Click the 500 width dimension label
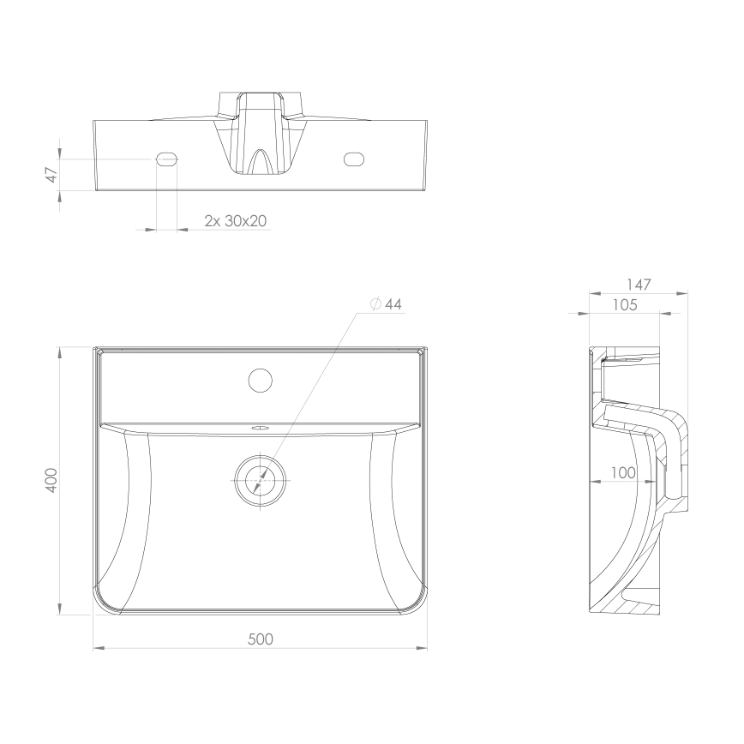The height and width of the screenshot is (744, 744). tap(261, 639)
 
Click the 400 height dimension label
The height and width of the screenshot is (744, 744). tap(52, 480)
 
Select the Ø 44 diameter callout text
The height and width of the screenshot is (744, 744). tap(387, 304)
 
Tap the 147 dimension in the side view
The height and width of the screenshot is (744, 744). tap(639, 284)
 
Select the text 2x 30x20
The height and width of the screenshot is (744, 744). tap(236, 220)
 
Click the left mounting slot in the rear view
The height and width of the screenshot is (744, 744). tap(167, 159)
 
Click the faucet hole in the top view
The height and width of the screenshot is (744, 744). tap(259, 379)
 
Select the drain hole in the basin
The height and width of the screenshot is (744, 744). tap(259, 479)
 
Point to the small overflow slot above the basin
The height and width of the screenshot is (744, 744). tap(260, 425)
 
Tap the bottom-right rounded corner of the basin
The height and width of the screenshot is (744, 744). tap(416, 602)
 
